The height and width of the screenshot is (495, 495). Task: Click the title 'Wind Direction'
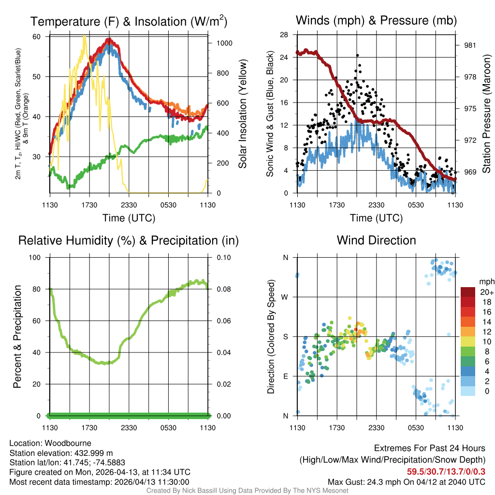pyautogui.click(x=376, y=240)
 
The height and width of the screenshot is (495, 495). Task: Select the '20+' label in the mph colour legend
pyautogui.click(x=486, y=292)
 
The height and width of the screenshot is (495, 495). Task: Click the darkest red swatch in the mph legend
pyautogui.click(x=468, y=292)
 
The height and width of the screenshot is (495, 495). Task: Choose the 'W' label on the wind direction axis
pyautogui.click(x=285, y=297)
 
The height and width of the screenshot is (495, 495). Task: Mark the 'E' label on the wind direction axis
pyautogui.click(x=285, y=376)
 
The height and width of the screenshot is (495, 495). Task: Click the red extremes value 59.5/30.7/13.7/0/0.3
pyautogui.click(x=444, y=472)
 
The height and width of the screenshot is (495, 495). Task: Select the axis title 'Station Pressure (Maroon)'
pyautogui.click(x=486, y=116)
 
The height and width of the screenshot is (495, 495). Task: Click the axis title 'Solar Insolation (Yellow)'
pyautogui.click(x=243, y=114)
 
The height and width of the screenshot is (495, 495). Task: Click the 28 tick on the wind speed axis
pyautogui.click(x=284, y=34)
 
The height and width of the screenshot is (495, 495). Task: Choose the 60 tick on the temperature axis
pyautogui.click(x=37, y=37)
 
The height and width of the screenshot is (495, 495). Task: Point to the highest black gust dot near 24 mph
pyautogui.click(x=358, y=56)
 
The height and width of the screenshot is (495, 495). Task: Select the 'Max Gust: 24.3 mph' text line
pyautogui.click(x=406, y=482)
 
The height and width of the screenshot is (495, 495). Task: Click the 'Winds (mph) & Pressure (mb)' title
pyautogui.click(x=376, y=20)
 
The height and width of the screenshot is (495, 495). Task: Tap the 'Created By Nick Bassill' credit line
pyautogui.click(x=247, y=491)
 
